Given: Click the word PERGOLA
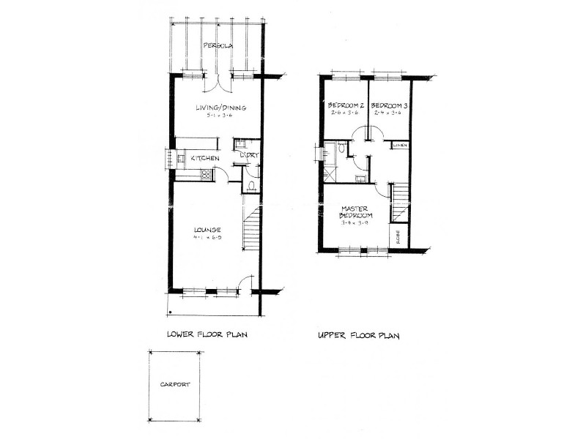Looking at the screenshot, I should pyautogui.click(x=218, y=45).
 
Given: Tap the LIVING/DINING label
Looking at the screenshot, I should pyautogui.click(x=220, y=108).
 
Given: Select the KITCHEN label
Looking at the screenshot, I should pyautogui.click(x=206, y=158).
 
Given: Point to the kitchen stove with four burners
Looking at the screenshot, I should pyautogui.click(x=206, y=174).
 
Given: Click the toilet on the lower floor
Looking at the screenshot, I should pyautogui.click(x=251, y=185).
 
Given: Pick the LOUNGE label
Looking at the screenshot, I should pyautogui.click(x=207, y=230).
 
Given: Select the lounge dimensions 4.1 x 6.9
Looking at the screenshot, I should pyautogui.click(x=207, y=239).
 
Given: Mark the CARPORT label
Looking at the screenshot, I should pyautogui.click(x=176, y=384).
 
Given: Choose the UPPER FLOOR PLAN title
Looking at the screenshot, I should pyautogui.click(x=358, y=336).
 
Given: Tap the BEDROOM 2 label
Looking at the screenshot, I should pyautogui.click(x=346, y=105).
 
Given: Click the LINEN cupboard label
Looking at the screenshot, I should pyautogui.click(x=400, y=146).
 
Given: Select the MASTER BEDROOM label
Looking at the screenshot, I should pyautogui.click(x=356, y=212).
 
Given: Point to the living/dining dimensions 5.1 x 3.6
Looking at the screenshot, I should pyautogui.click(x=220, y=116).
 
